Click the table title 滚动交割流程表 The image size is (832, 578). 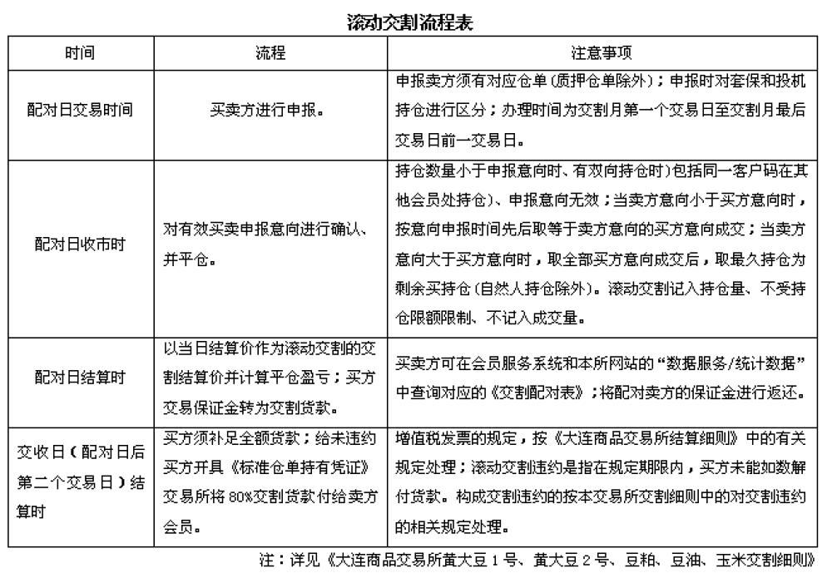pyautogui.click(x=410, y=23)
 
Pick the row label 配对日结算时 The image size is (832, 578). pyautogui.click(x=81, y=378)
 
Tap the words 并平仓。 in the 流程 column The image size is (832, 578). pyautogui.click(x=190, y=259)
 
